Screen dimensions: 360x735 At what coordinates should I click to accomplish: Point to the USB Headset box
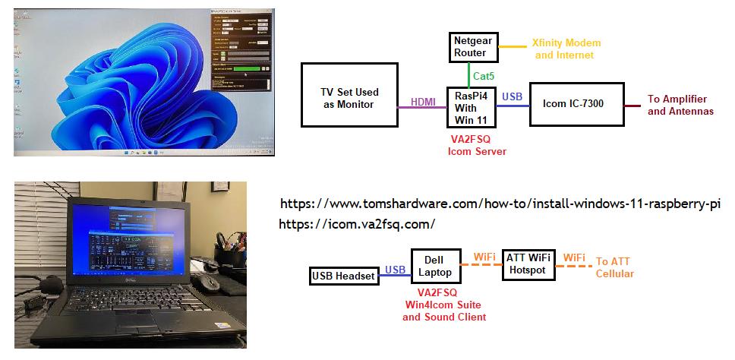(x=344, y=276)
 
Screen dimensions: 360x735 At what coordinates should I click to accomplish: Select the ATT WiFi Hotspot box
(x=529, y=264)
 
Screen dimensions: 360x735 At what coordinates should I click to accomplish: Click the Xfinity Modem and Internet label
(x=563, y=49)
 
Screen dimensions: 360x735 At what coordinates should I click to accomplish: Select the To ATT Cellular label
(x=614, y=267)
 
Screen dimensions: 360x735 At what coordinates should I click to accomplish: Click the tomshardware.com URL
(x=500, y=204)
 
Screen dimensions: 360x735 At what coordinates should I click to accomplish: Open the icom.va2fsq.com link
(x=357, y=224)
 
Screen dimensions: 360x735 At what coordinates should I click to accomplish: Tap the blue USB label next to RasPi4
(x=513, y=96)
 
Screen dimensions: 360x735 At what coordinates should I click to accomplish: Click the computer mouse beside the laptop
(x=204, y=283)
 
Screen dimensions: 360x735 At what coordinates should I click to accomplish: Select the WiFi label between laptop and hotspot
(x=484, y=257)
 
